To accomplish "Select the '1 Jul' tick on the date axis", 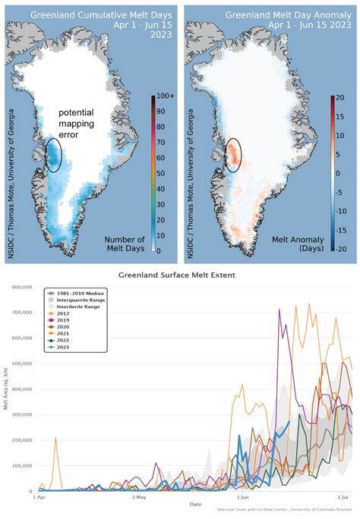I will (x=343, y=498).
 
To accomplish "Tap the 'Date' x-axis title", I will (x=195, y=503).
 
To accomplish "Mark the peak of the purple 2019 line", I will (x=279, y=310).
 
